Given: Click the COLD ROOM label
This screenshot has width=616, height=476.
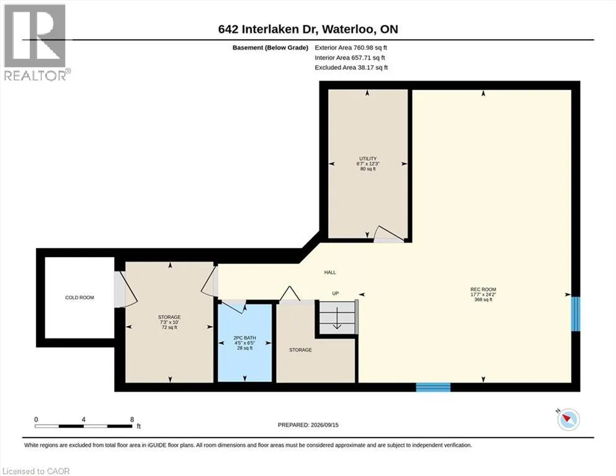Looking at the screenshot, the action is tap(79, 297).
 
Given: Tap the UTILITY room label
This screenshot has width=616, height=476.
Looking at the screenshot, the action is tap(368, 159).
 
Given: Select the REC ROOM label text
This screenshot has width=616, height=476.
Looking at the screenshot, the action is tap(483, 289).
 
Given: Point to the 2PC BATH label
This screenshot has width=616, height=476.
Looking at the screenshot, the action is tap(244, 338).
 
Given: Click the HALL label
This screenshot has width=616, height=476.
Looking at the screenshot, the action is tap(330, 272).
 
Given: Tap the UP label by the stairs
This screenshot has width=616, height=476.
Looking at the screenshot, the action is tap(336, 293).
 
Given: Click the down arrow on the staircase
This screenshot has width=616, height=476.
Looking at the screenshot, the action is tap(337, 318).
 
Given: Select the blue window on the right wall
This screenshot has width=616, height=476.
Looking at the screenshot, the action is tap(575, 314).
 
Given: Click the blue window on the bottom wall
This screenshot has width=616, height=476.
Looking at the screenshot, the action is tap(434, 387).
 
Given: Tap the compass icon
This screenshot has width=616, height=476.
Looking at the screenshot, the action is tap(568, 419).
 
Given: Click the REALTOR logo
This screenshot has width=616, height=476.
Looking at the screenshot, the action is tap(36, 42).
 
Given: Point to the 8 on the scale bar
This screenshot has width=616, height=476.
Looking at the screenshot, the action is tap(132, 419).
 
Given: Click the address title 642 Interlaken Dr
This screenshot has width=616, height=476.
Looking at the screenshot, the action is tap(270, 29).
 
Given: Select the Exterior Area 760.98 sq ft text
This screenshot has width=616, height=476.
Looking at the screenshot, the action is tap(351, 48).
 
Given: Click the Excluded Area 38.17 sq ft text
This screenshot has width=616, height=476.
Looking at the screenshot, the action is tap(351, 68).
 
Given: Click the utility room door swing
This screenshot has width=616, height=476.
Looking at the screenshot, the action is tap(388, 234).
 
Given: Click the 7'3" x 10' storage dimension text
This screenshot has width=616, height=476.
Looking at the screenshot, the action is tap(169, 322).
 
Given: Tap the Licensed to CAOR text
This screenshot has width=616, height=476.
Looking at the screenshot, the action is tap(36, 471).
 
